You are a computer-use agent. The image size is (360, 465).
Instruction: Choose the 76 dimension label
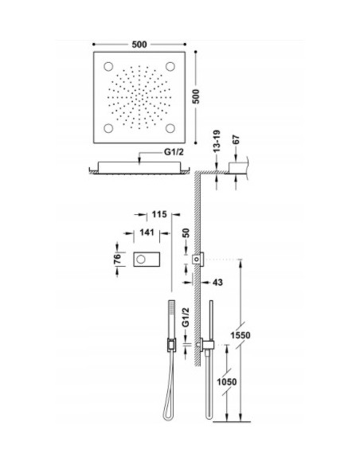coord(115,258)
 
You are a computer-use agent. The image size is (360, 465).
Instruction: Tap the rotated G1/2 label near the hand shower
coord(185,322)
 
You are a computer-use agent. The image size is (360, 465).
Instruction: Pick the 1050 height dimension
coord(229,382)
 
